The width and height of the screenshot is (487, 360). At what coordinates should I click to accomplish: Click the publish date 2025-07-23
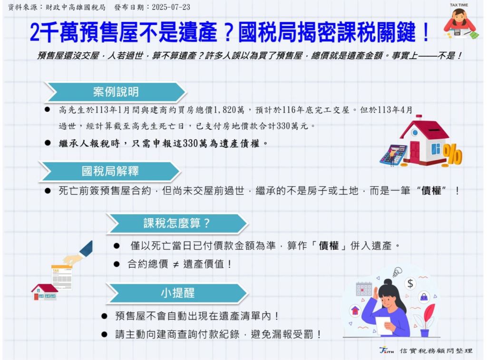171,7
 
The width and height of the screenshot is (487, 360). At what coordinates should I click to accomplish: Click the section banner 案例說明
115,92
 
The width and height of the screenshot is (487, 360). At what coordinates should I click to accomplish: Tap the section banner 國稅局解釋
110,171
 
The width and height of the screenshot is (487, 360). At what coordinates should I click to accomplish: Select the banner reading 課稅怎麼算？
177,224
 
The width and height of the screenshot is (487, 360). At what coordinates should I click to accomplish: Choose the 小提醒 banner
177,293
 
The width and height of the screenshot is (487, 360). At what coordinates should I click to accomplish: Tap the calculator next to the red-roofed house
393,156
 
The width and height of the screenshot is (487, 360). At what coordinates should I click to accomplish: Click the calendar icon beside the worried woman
364,289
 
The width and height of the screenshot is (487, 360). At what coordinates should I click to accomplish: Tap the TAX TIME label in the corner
459,5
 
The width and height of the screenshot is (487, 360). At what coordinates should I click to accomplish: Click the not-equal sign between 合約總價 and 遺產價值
176,264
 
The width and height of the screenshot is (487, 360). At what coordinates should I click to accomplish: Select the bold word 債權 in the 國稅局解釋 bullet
431,191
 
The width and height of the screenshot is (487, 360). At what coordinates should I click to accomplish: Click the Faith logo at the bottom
386,350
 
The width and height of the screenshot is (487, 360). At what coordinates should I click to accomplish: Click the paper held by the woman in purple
384,325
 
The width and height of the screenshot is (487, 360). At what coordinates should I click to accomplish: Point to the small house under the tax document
44,292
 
